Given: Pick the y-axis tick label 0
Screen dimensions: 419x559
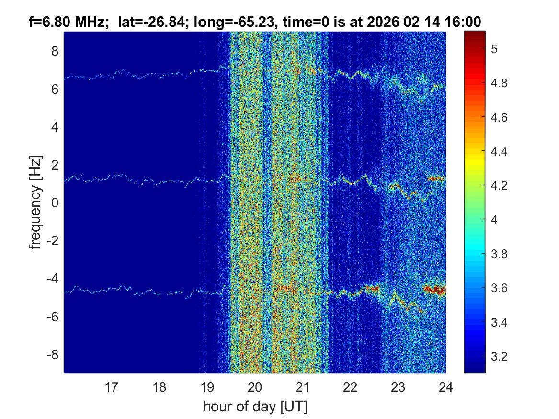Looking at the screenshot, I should coord(54,203).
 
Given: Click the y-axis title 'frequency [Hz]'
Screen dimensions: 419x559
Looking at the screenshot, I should coord(34,202).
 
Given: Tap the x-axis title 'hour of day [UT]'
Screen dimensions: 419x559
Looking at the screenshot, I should coord(255,407).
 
